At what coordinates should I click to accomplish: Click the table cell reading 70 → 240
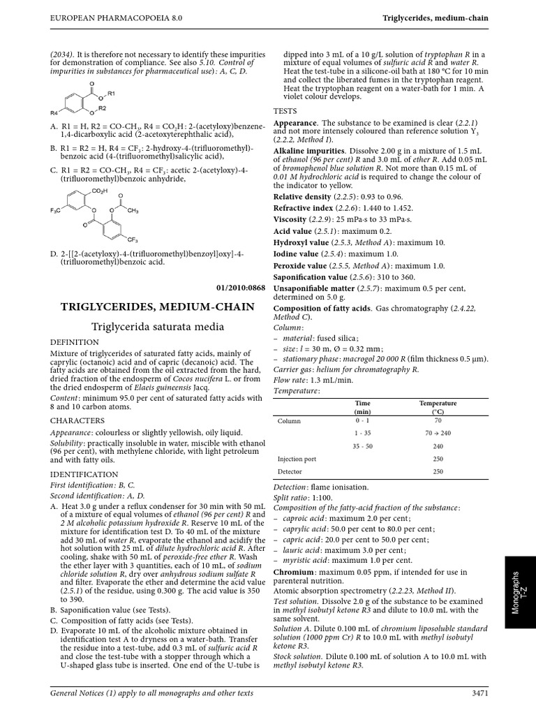(437, 433)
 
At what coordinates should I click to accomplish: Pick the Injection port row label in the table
(297, 459)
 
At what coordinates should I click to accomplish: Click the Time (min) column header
(362, 407)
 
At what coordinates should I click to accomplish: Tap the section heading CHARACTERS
(77, 420)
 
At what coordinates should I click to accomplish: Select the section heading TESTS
(285, 111)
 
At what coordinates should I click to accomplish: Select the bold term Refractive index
(302, 208)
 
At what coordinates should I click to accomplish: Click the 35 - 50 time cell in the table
(363, 445)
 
